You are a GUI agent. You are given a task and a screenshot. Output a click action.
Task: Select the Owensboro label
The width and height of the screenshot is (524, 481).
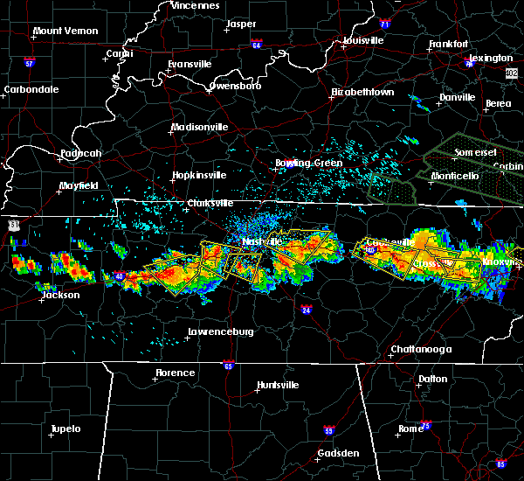pyautogui.click(x=236, y=87)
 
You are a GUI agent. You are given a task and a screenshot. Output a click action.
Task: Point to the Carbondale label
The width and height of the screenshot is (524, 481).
pyautogui.click(x=31, y=89)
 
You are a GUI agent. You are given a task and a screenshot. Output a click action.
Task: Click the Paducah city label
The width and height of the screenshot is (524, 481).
pyautogui.click(x=81, y=154)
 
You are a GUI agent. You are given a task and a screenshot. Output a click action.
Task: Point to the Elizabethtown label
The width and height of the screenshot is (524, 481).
pyautogui.click(x=362, y=92)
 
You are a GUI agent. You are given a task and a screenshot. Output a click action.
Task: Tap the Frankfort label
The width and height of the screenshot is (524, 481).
pyautogui.click(x=450, y=45)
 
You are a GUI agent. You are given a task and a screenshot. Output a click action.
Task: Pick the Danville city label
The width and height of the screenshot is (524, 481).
pyautogui.click(x=458, y=97)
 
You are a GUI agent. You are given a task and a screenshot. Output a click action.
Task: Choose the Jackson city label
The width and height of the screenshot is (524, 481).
pyautogui.click(x=60, y=295)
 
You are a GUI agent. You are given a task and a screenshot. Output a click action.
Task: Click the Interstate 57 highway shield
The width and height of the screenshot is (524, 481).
pyautogui.click(x=29, y=63)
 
